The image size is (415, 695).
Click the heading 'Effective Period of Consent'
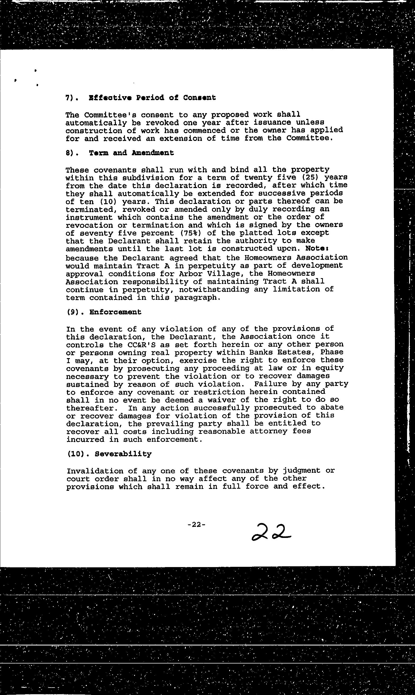[152, 98]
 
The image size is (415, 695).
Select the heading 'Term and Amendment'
[131, 153]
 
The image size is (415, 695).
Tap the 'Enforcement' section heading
[115, 312]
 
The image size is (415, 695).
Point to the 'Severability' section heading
[123, 454]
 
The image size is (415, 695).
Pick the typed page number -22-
[197, 525]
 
